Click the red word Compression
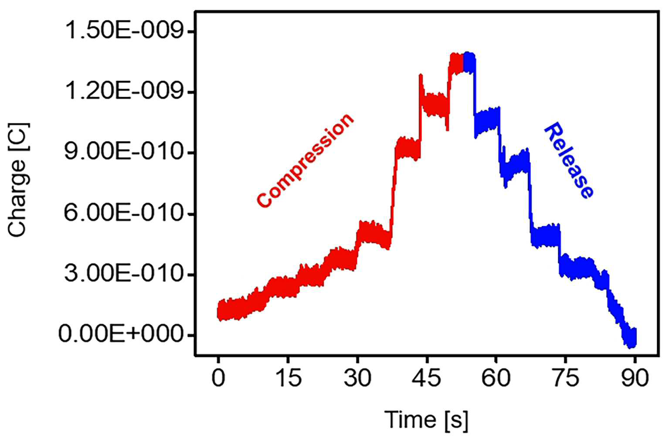pyautogui.click(x=306, y=160)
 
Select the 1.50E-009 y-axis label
pyautogui.click(x=124, y=31)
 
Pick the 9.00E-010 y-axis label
pyautogui.click(x=124, y=152)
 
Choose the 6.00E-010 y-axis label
pyautogui.click(x=124, y=213)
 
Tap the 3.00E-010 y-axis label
pyautogui.click(x=124, y=274)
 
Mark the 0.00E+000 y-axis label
pyautogui.click(x=121, y=334)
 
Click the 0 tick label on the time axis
pyautogui.click(x=218, y=378)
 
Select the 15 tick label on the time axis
pyautogui.click(x=288, y=378)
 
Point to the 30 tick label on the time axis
pyautogui.click(x=357, y=378)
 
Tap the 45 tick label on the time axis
pyautogui.click(x=427, y=378)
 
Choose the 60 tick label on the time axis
pyautogui.click(x=496, y=378)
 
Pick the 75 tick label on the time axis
pyautogui.click(x=565, y=378)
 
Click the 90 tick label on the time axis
pyautogui.click(x=635, y=378)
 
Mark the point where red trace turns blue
pyautogui.click(x=463, y=63)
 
